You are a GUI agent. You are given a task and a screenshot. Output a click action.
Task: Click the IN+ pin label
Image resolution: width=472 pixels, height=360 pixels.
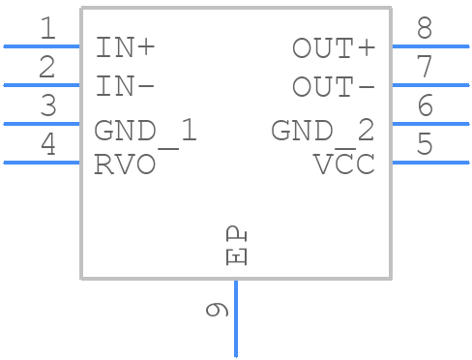pos(125,47)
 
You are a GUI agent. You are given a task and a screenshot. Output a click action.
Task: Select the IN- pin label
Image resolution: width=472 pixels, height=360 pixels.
pos(125,86)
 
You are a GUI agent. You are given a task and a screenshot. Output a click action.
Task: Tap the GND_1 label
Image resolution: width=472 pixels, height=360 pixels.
pos(145,131)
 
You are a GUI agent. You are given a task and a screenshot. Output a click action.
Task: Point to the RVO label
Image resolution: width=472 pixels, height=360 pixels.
pos(125,165)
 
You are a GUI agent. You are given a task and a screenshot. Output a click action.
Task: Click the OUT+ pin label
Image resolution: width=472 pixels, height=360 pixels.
pos(334,47)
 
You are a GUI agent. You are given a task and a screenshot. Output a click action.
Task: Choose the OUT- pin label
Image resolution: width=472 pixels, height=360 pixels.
pos(334,86)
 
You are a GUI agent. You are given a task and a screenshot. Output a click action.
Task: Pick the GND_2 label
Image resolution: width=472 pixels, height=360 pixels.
pos(322,131)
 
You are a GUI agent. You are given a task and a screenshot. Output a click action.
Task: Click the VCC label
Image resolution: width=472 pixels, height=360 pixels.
pos(343,165)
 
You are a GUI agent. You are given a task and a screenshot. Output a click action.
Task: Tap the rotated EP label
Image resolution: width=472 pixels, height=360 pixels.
pos(236,247)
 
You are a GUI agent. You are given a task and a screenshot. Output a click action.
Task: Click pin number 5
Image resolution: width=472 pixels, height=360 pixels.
pos(425,145)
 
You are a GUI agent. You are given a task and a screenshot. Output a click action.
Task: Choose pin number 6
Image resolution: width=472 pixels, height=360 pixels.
pos(425,106)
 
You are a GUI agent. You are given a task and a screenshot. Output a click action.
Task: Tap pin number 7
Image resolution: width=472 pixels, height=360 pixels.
pos(425,68)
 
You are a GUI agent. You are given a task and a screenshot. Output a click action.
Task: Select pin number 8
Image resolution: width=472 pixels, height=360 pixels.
pos(425,29)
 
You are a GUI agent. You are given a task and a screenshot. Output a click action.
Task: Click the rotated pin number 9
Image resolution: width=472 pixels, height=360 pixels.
pos(218,310)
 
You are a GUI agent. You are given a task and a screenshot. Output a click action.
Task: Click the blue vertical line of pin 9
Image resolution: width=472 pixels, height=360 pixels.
pos(236,319)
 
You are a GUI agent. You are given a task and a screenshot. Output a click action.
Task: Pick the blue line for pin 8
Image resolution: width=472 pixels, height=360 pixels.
pos(430,45)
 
